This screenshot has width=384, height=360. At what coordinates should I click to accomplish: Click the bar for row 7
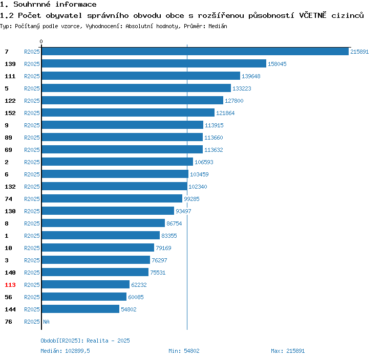tap(195, 52)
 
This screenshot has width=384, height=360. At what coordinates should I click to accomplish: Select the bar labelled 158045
tap(154, 64)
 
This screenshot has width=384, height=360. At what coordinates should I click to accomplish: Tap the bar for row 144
tap(80, 309)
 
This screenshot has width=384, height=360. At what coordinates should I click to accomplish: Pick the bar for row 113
tap(85, 285)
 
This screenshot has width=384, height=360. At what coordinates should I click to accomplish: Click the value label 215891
tap(359, 52)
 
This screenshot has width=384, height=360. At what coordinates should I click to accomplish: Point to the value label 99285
tap(191, 199)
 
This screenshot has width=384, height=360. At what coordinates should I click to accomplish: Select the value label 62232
tap(139, 285)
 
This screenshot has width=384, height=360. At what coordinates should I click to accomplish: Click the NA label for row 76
tap(46, 322)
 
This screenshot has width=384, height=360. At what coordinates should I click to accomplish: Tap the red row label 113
tap(10, 285)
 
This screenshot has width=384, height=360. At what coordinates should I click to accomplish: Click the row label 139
tap(10, 64)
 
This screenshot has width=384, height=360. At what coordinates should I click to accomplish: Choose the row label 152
tap(10, 113)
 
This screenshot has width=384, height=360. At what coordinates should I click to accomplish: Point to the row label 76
tap(8, 322)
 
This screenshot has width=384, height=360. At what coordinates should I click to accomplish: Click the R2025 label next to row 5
tap(32, 88)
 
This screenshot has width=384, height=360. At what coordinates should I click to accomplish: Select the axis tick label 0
tap(41, 41)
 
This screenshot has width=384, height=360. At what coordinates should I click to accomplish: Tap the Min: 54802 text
tap(184, 351)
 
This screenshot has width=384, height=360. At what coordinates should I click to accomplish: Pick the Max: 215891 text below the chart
tap(288, 351)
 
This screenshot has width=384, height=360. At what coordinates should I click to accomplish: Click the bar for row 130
tap(108, 211)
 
